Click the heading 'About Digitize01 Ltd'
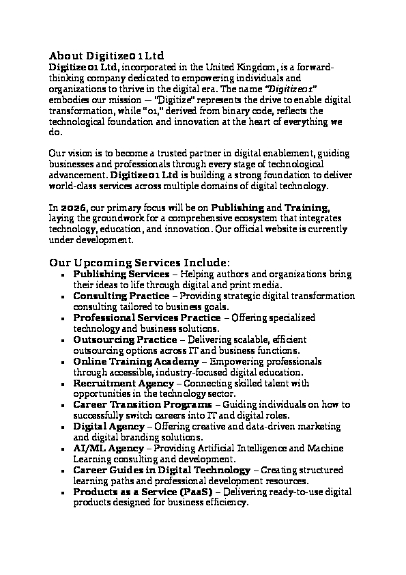pos(106,55)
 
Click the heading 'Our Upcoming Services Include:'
pos(140,263)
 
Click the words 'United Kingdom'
pos(240,67)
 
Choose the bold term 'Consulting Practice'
pos(121,296)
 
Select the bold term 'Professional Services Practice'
pos(147,318)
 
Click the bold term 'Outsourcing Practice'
pos(124,339)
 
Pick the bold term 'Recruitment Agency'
pos(124,383)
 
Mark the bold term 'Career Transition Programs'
pos(143,405)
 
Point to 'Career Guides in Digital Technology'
pos(161,471)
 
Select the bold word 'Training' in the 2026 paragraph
pos(308,207)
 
